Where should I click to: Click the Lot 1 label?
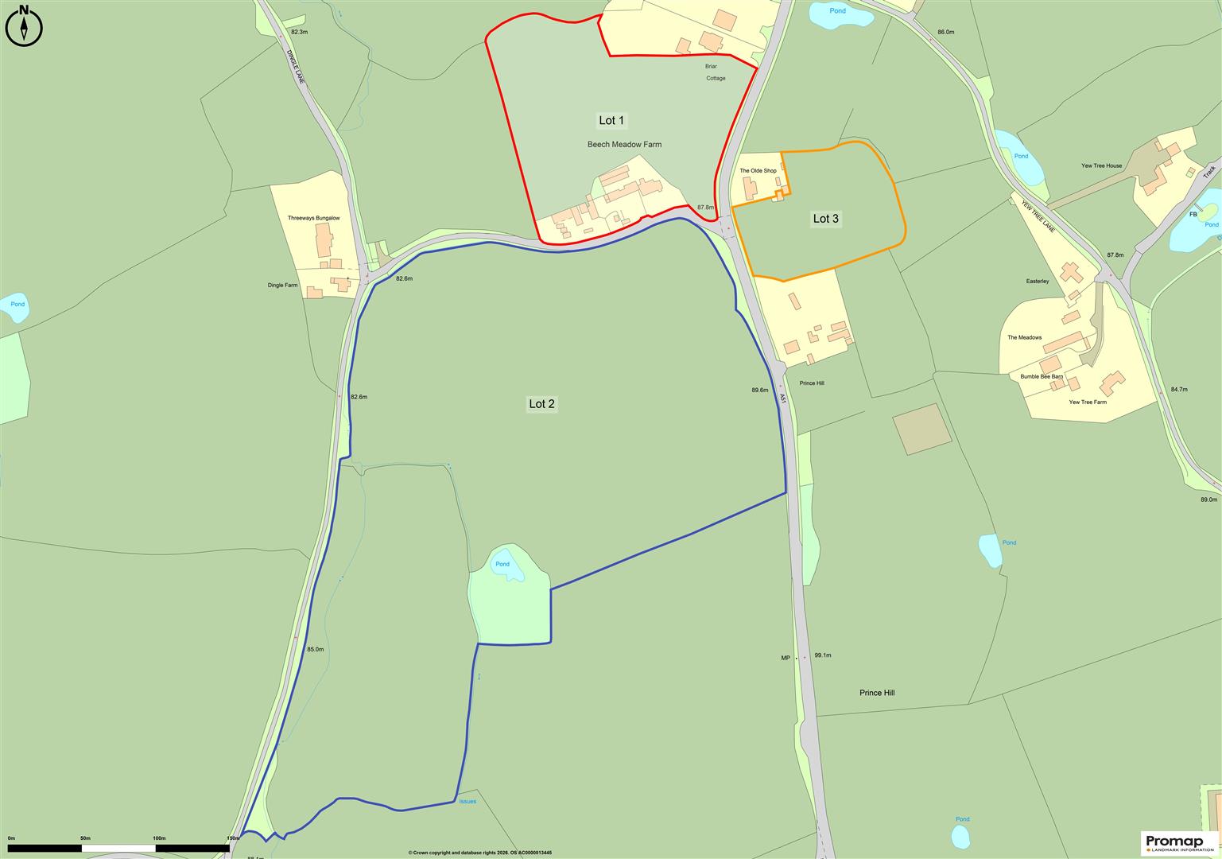coord(611,121)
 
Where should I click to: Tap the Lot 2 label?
coord(542,404)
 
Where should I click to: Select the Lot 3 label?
coord(825,219)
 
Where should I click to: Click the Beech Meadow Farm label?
coord(624,145)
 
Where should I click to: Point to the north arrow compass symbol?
coord(24,24)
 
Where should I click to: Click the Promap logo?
coord(1179,843)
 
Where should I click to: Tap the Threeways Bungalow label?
coord(313,218)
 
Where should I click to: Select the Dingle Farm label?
coord(282,285)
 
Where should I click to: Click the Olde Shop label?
coord(758,171)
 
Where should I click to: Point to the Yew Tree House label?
coord(1101,166)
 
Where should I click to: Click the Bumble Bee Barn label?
coord(1042,376)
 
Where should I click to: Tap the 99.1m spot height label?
coord(822,655)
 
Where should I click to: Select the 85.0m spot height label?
coord(315,650)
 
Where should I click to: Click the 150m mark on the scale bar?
coord(233,838)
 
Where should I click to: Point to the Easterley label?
coord(1038,282)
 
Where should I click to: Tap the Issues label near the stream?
coord(467,802)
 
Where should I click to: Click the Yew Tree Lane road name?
coord(1038,216)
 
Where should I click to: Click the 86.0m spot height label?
coord(945,32)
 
